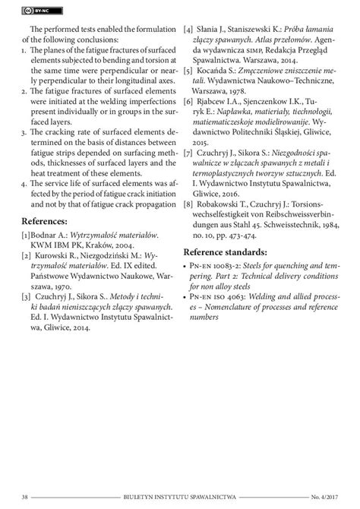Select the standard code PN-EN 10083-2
point(222,267)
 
